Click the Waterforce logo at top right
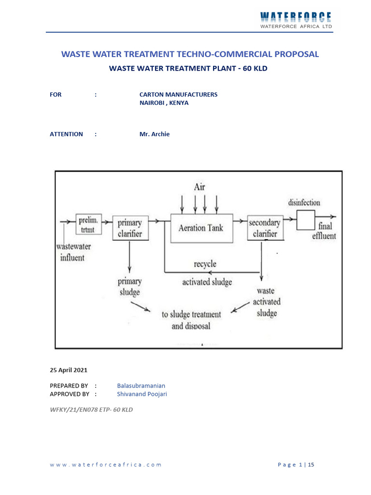(x=296, y=20)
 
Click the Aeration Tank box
(x=201, y=228)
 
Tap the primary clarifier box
(x=130, y=228)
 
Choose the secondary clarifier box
(x=264, y=228)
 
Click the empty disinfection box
(x=305, y=220)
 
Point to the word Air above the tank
(x=200, y=186)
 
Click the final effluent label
(x=327, y=231)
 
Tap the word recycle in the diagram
(x=205, y=264)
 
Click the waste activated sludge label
(x=266, y=302)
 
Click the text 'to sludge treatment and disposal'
(x=191, y=320)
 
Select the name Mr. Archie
(x=155, y=134)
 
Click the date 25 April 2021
(x=69, y=370)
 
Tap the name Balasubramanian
(x=141, y=385)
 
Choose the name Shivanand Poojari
(x=142, y=394)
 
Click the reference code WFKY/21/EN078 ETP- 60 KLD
(x=91, y=409)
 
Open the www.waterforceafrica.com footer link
(x=106, y=465)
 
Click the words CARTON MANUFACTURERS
(x=178, y=94)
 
